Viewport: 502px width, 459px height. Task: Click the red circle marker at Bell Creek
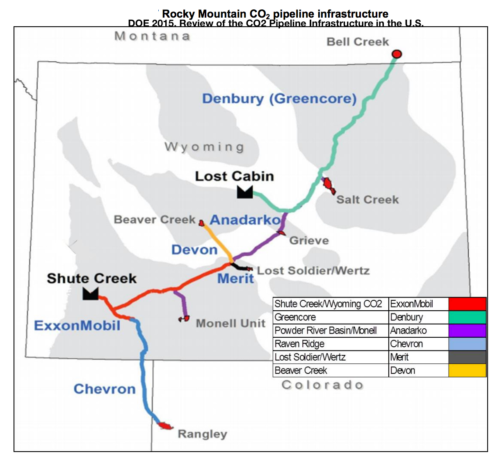[x=397, y=54]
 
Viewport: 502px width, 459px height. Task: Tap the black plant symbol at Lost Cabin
[x=245, y=192]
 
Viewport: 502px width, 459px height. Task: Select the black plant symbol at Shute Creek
[x=90, y=293]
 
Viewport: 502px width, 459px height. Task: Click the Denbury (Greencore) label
[x=279, y=99]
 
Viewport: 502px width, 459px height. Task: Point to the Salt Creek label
[x=367, y=200]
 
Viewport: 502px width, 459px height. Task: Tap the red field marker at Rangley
[x=165, y=426]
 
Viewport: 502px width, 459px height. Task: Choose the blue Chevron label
[x=105, y=389]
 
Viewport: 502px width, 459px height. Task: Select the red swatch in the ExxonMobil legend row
[x=467, y=304]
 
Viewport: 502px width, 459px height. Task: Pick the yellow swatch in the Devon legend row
[x=467, y=370]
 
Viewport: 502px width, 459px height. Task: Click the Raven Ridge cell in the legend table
[x=330, y=344]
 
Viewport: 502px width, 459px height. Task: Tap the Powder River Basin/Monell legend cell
[x=330, y=330]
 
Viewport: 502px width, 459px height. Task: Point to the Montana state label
[x=152, y=36]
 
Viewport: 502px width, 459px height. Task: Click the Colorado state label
[x=322, y=385]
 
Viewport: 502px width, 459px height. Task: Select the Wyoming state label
[x=204, y=147]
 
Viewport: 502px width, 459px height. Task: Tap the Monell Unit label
[x=230, y=323]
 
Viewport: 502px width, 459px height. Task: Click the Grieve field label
[x=309, y=241]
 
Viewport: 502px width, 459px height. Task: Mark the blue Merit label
[x=235, y=279]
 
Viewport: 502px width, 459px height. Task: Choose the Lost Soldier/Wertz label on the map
[x=313, y=270]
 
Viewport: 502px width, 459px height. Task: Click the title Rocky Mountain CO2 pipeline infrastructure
[x=275, y=14]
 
